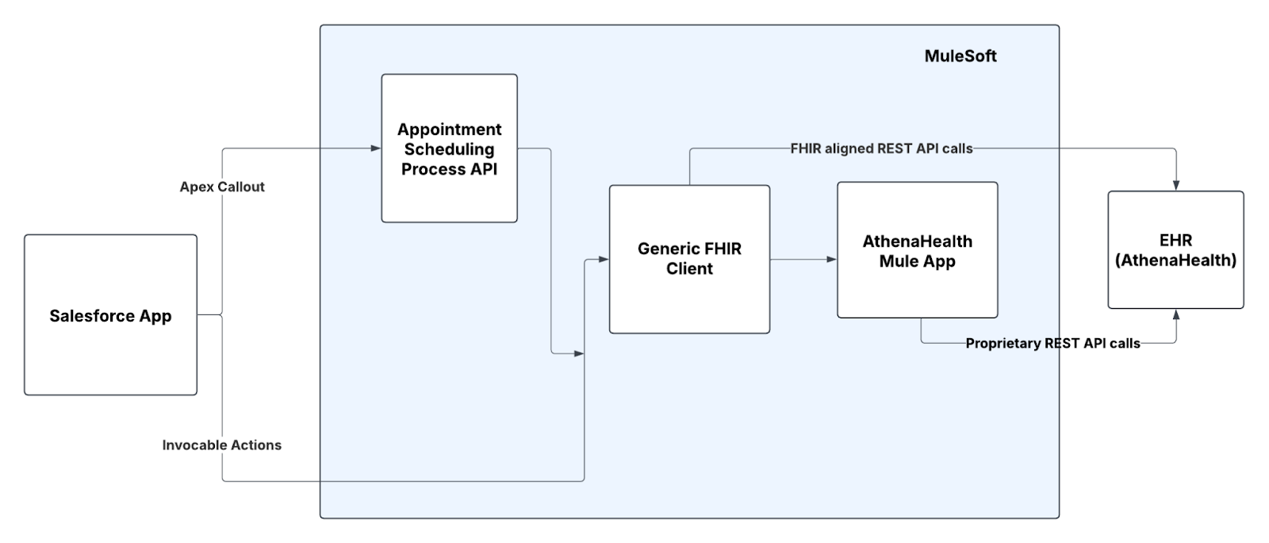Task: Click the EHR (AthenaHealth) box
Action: tap(1175, 286)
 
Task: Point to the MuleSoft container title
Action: tap(960, 56)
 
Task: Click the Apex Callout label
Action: tap(222, 187)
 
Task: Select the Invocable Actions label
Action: tap(222, 445)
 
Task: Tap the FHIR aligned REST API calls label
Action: tap(881, 148)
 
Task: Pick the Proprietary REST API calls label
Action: tap(1052, 344)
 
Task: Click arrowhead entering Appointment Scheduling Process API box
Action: tap(376, 148)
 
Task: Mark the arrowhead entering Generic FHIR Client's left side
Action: tap(604, 260)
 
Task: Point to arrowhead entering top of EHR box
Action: tap(1176, 185)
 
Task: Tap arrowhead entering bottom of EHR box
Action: tap(1176, 314)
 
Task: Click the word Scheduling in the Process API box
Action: tap(449, 149)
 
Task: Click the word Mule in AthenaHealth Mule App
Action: tap(897, 261)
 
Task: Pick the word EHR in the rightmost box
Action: tap(1175, 240)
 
